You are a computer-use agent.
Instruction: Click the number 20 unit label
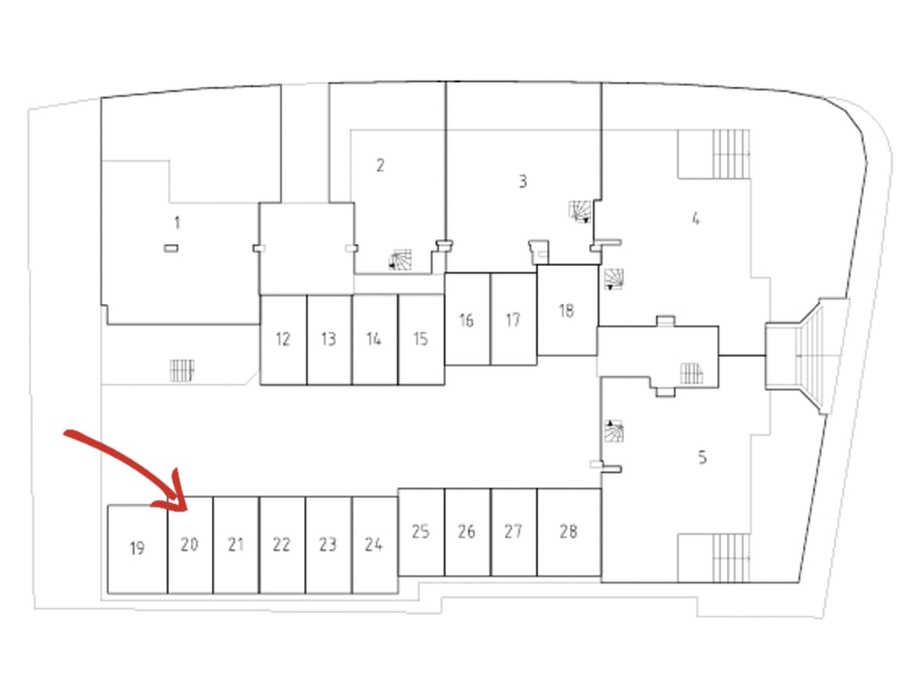point(189,545)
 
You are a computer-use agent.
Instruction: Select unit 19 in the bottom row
point(138,549)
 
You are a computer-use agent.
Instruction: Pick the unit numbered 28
point(569,532)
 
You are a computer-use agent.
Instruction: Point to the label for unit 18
point(567,311)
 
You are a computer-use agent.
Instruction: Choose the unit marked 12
point(283,339)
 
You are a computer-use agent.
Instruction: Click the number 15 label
point(421,339)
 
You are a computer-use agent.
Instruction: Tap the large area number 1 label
point(176,223)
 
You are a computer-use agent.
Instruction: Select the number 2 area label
point(380,165)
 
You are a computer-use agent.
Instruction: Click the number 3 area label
point(523,182)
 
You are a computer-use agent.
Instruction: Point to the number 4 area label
point(696,219)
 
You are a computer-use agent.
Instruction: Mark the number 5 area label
point(702,458)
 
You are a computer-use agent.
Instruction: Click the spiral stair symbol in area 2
point(400,259)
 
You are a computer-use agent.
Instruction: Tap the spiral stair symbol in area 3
point(580,212)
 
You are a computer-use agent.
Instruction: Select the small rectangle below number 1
point(171,248)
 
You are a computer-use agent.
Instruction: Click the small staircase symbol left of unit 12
point(182,371)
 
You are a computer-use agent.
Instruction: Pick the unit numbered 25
point(421,532)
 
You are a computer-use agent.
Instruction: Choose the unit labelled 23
point(328,545)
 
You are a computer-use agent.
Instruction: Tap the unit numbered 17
point(513,319)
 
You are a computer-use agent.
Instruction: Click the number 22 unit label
point(281,545)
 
